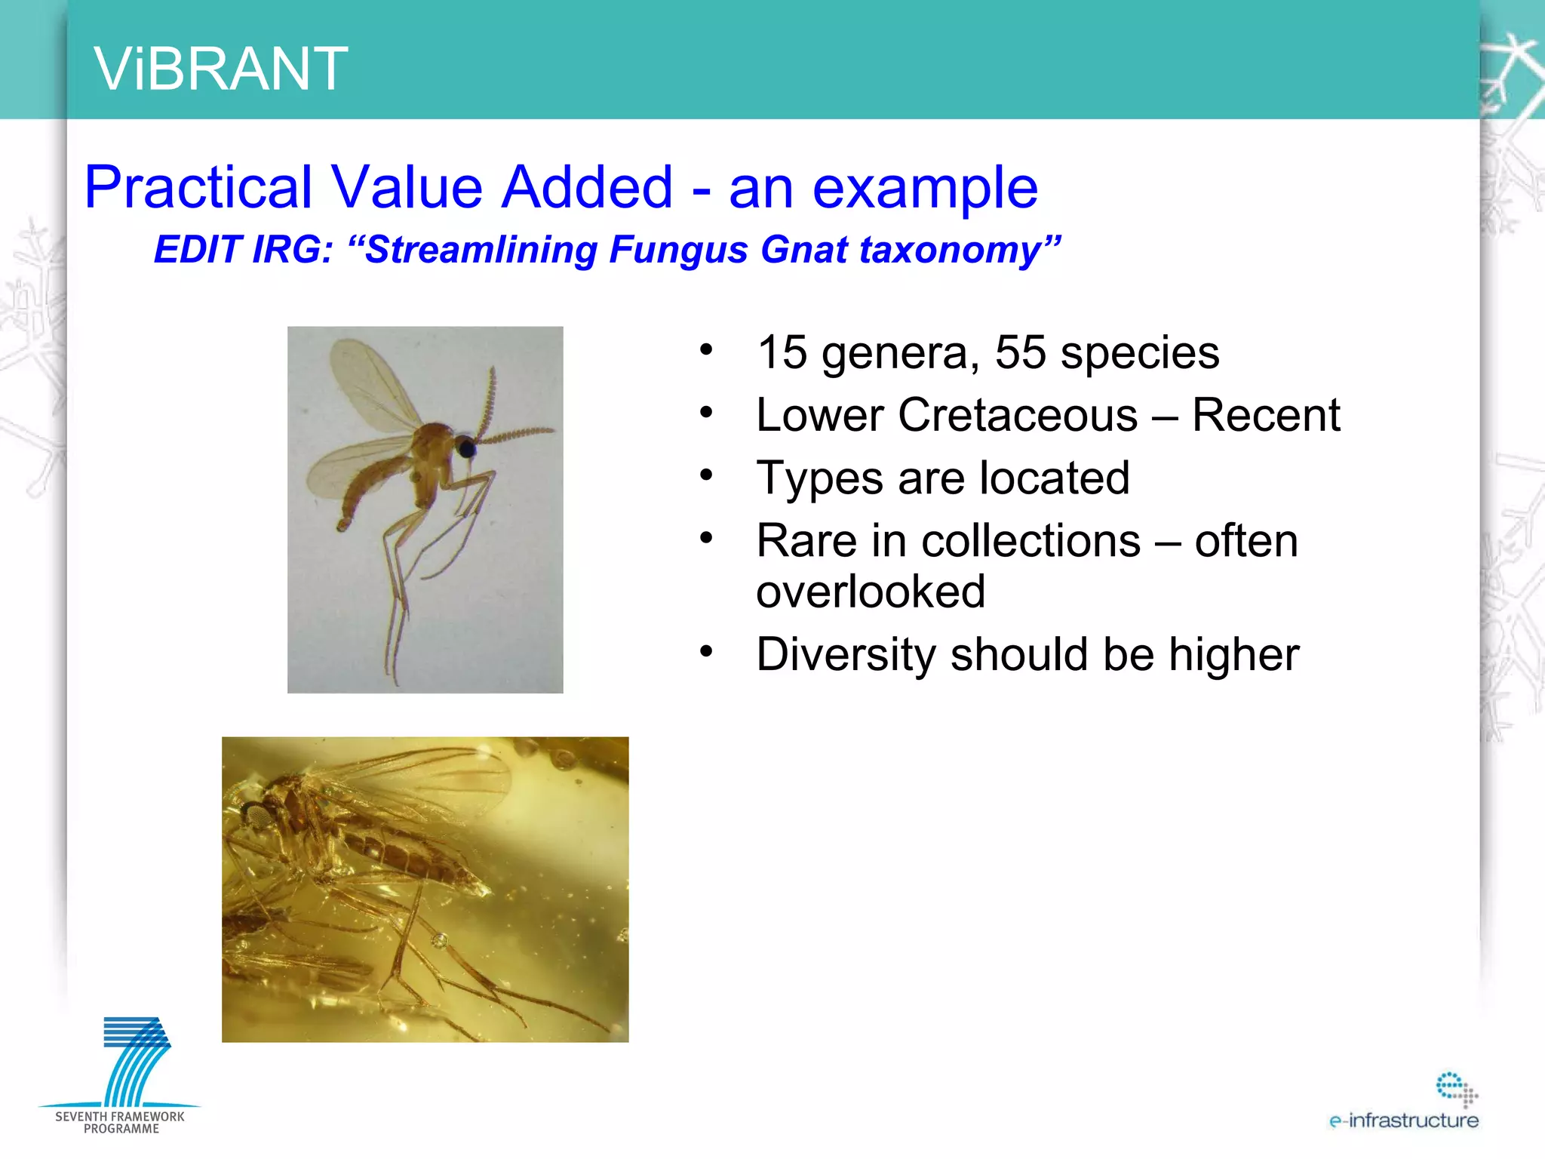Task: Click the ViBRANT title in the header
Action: [x=220, y=69]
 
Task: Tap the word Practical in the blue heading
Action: [x=198, y=187]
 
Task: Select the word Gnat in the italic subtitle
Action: [x=803, y=250]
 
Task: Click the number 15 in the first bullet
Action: [x=782, y=352]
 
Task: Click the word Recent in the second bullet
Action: [x=1265, y=415]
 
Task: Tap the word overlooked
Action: [x=871, y=591]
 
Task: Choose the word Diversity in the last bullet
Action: [x=846, y=654]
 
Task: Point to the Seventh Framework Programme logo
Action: [x=121, y=1075]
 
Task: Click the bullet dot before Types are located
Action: [x=706, y=475]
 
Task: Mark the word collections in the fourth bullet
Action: [x=1031, y=541]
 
